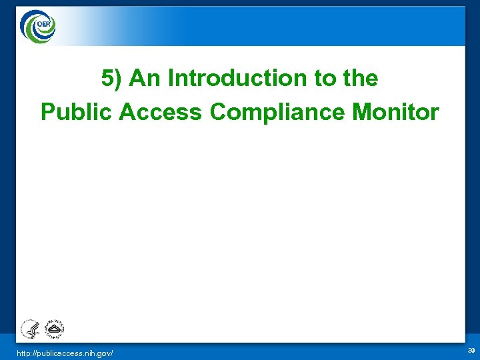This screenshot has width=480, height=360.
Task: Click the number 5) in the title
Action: click(112, 79)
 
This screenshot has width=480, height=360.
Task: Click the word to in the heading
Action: click(326, 79)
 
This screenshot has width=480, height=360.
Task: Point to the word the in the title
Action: click(361, 79)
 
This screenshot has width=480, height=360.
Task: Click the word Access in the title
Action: click(160, 112)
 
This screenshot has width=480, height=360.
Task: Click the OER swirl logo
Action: click(39, 27)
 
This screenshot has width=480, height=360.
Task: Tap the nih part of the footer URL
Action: click(91, 352)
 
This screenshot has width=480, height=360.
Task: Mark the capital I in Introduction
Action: click(171, 79)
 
